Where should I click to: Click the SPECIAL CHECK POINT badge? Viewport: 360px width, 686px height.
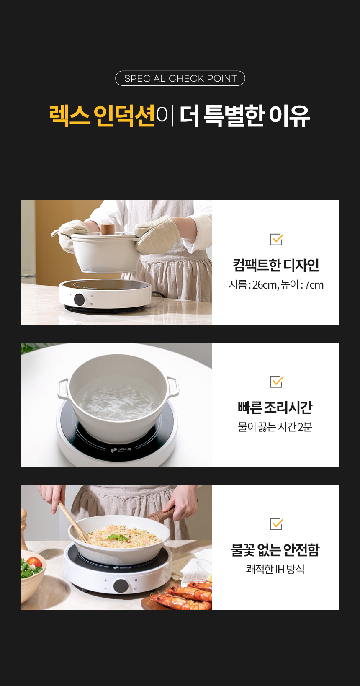click(x=180, y=78)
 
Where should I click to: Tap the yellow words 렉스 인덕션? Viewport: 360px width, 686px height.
click(x=102, y=116)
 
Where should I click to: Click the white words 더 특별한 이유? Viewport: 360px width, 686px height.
click(x=244, y=116)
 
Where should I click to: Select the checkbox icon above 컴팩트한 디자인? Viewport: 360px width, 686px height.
click(x=276, y=239)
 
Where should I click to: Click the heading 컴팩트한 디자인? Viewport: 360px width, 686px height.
click(x=276, y=265)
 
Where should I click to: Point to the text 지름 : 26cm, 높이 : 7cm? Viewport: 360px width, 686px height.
click(x=276, y=285)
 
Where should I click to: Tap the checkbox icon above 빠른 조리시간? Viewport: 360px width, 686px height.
click(x=276, y=382)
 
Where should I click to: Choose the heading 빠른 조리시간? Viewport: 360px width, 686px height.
click(x=275, y=407)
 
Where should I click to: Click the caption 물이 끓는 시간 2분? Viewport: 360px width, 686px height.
click(x=275, y=427)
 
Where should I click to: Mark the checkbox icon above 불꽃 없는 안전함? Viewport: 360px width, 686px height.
click(x=276, y=524)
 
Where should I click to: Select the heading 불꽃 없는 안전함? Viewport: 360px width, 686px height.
click(x=275, y=550)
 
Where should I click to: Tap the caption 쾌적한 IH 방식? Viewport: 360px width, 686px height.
click(x=275, y=569)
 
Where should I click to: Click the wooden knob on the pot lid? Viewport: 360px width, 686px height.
click(x=108, y=229)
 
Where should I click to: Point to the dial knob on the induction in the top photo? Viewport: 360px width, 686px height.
click(x=79, y=299)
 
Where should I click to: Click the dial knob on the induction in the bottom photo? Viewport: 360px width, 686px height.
click(x=121, y=585)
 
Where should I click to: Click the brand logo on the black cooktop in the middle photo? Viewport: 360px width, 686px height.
click(x=121, y=449)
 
